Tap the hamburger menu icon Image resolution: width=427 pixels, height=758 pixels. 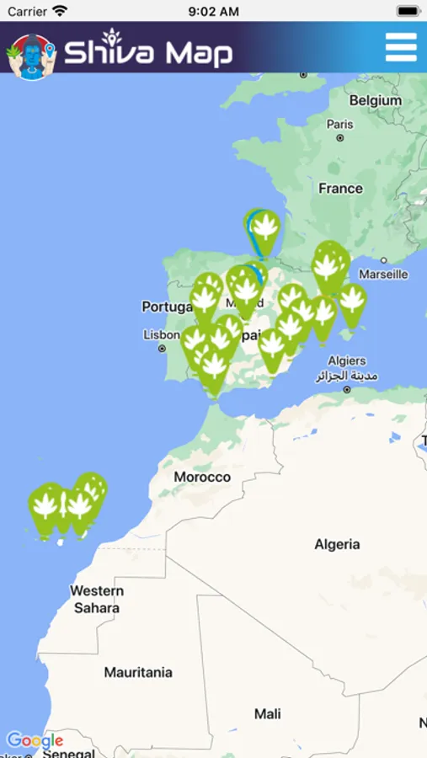[401, 47]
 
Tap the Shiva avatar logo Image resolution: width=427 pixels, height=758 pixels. [31, 55]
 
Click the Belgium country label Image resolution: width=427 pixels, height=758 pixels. [375, 100]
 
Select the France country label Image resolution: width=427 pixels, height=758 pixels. [340, 189]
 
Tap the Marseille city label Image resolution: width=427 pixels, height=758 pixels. [383, 274]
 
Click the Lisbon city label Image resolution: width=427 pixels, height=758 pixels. [162, 334]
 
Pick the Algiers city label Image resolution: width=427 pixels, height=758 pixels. [347, 361]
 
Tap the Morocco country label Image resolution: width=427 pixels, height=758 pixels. [202, 477]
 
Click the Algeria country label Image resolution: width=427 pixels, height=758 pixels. [337, 544]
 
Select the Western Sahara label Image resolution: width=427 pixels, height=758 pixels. [96, 599]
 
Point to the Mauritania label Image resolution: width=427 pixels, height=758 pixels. [138, 672]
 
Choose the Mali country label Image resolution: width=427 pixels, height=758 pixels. [268, 714]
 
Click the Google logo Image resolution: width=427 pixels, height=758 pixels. [35, 741]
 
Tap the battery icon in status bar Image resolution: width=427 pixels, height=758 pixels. [408, 12]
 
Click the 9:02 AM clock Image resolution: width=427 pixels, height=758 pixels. [213, 12]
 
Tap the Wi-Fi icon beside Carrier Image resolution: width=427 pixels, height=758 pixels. [60, 12]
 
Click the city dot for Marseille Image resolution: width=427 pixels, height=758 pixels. [384, 261]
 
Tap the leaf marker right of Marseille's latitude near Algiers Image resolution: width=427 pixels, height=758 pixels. [351, 301]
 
